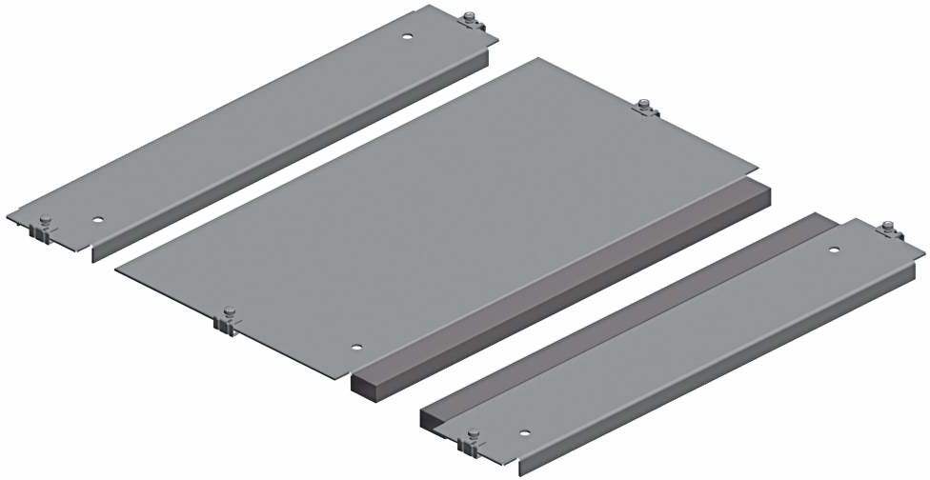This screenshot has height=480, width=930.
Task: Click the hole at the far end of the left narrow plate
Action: click(407, 37)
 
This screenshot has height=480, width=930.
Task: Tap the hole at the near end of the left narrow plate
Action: click(98, 218)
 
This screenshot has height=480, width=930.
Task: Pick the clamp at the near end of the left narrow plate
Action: click(44, 228)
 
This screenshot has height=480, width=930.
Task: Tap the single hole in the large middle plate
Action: click(355, 349)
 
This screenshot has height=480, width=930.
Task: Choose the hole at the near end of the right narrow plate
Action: click(525, 431)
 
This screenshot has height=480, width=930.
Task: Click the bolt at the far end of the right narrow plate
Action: click(888, 230)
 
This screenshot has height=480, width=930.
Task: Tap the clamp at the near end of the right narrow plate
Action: click(470, 441)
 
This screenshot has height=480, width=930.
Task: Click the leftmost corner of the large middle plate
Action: click(116, 270)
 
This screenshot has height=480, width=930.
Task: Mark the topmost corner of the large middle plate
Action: click(539, 59)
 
